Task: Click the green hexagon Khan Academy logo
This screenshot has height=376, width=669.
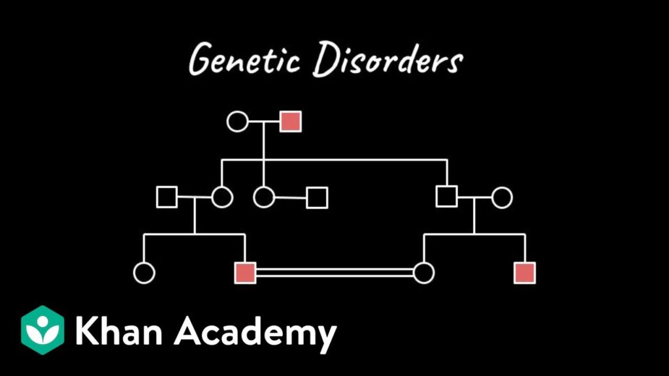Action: click(42, 330)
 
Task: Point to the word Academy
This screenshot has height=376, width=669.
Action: click(255, 333)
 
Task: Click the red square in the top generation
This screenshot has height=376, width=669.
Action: click(291, 121)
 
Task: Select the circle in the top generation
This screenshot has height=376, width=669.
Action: click(237, 121)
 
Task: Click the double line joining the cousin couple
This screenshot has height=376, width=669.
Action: click(334, 273)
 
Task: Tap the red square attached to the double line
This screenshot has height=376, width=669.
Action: click(245, 273)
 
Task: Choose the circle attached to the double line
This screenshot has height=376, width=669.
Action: click(424, 273)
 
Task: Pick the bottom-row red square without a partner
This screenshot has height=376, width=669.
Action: click(525, 273)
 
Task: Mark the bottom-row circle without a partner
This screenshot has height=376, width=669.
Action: click(144, 273)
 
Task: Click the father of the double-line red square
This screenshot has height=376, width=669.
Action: click(167, 196)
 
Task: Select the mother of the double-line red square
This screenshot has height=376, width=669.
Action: click(221, 196)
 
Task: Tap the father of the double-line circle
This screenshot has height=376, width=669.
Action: click(447, 196)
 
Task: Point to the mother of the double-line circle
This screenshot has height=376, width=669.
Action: click(502, 196)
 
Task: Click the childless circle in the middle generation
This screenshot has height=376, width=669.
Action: click(264, 196)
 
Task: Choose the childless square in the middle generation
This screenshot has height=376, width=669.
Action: click(317, 197)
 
